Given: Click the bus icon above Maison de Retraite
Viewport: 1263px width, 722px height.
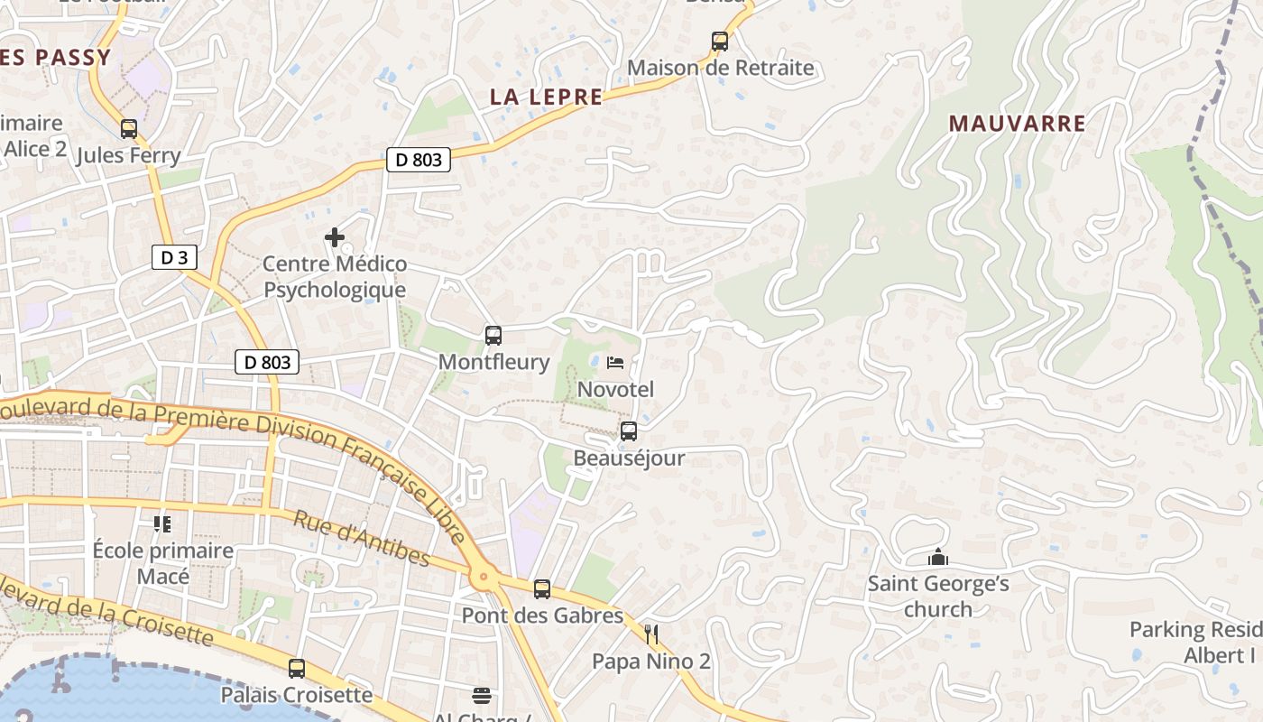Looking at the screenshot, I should click(719, 41).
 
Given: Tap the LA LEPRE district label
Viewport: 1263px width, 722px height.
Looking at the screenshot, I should click(546, 97).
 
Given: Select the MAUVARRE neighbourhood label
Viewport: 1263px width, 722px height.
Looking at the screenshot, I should click(1017, 124).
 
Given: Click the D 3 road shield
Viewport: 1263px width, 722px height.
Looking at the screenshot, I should click(173, 258).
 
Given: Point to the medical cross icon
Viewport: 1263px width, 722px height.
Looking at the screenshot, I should click(335, 237).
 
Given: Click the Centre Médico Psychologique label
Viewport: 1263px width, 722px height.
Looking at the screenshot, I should click(335, 277).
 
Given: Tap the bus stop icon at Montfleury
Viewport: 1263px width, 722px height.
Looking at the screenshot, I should click(493, 336).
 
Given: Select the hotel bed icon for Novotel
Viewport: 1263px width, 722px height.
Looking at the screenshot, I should click(615, 363).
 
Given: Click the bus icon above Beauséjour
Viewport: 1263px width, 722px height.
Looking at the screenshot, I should click(629, 431).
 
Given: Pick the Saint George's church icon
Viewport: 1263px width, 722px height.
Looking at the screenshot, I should click(938, 558).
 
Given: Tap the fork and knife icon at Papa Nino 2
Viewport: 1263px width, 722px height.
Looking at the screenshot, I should click(651, 634).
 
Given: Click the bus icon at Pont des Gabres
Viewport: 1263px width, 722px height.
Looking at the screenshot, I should click(542, 589).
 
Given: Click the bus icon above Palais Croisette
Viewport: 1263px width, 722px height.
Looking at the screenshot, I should click(297, 669).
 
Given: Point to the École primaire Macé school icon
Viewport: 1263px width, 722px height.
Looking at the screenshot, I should click(162, 523).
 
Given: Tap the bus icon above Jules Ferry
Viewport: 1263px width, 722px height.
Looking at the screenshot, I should click(129, 129).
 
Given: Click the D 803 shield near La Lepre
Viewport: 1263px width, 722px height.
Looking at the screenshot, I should click(419, 160).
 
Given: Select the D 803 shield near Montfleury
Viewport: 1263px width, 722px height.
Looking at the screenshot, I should click(267, 362).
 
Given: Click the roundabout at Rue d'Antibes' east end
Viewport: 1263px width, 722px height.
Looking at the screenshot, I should click(484, 575).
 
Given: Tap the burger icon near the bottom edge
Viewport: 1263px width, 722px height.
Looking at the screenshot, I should click(483, 695).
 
